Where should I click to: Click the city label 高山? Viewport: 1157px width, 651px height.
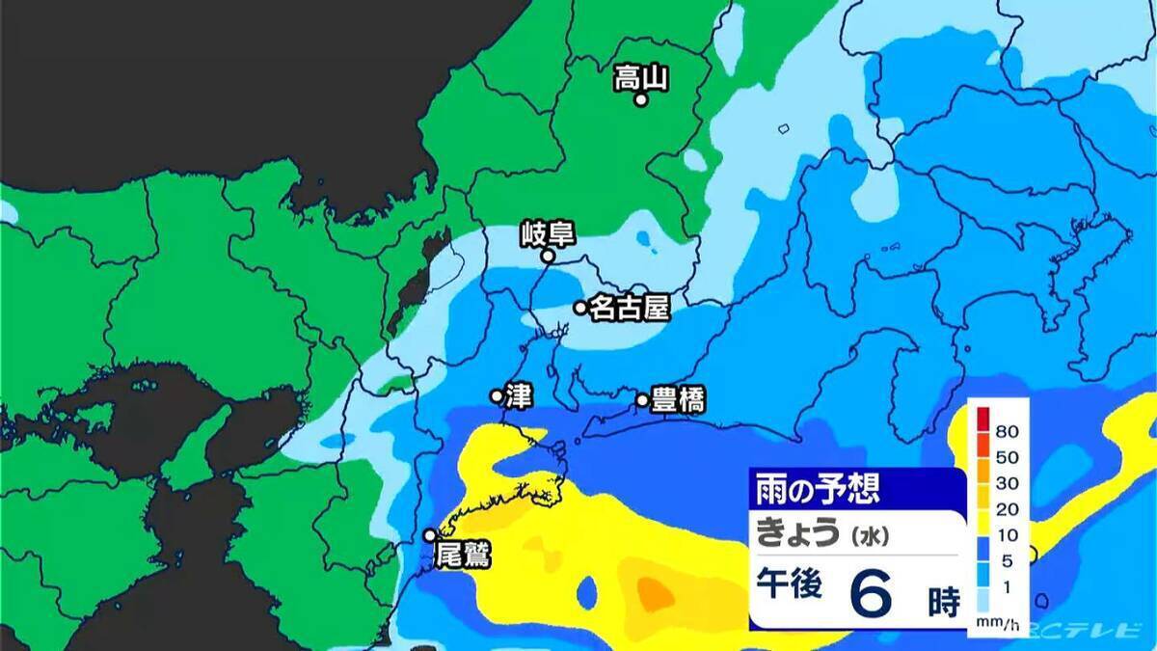641,78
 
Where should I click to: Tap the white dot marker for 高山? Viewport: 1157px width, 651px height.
639,98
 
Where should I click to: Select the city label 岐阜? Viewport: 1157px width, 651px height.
547,233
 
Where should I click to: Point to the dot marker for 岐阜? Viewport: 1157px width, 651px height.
547,257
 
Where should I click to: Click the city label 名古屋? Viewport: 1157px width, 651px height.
629,309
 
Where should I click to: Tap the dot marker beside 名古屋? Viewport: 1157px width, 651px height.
580,308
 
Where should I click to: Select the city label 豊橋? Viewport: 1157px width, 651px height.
678,399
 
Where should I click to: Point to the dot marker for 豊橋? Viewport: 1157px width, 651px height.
642,399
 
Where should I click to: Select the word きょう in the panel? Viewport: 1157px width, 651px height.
797,531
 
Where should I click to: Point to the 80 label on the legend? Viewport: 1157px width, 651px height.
1009,430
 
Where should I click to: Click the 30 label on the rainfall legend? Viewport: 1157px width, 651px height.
1009,481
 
